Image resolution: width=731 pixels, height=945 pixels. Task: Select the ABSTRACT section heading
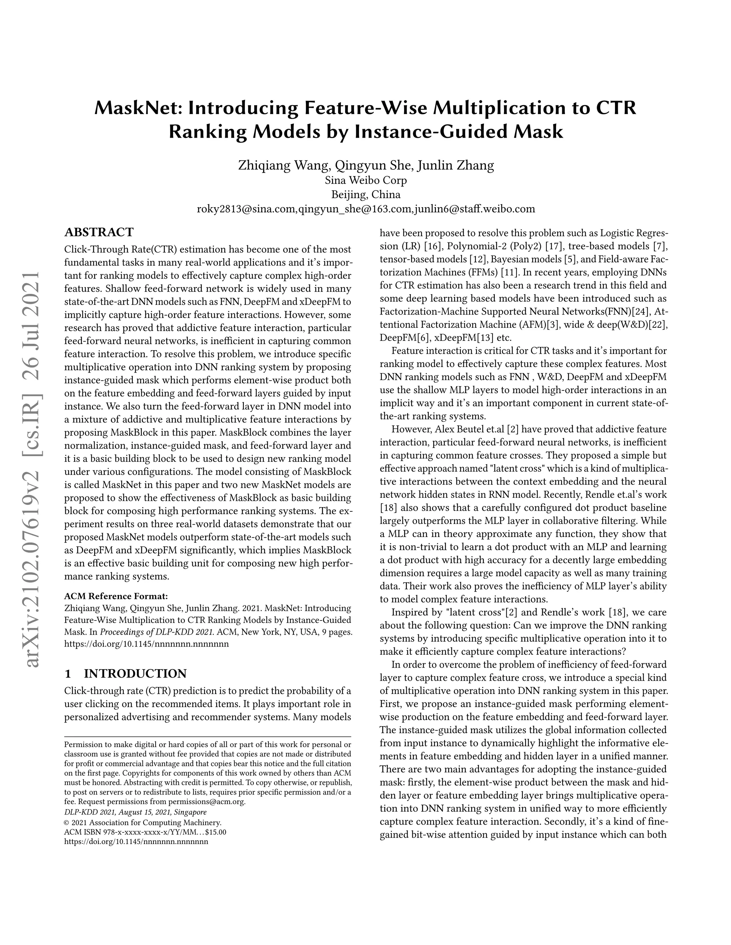pos(99,233)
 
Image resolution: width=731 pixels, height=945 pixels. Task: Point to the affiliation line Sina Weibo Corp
pos(365,180)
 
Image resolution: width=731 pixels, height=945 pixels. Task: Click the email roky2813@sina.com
pos(246,209)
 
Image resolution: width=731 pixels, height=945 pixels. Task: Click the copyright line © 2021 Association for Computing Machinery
pos(142,823)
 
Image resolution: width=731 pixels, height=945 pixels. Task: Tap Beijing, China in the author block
pos(365,194)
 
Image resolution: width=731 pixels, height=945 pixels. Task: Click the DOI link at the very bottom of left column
pos(136,842)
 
